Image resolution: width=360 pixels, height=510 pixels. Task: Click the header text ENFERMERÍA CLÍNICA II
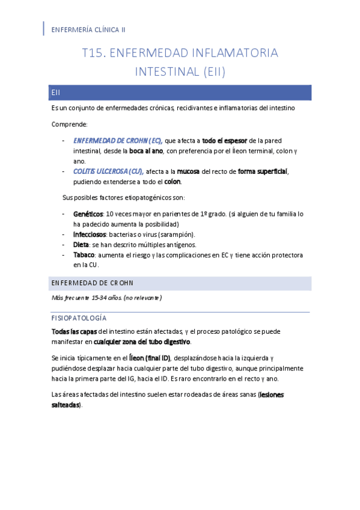point(88,29)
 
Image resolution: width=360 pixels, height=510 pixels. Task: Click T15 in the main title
point(94,53)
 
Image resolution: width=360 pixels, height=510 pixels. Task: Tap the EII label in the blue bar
point(56,93)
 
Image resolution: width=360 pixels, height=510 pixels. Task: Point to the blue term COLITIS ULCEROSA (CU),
point(108,171)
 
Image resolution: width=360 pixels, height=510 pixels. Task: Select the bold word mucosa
point(188,171)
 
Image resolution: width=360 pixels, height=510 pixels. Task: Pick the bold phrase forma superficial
point(263,171)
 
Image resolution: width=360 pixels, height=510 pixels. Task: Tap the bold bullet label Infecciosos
point(90,234)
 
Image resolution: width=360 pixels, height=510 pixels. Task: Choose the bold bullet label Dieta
point(81,245)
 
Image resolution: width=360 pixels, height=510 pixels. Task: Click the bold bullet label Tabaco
point(84,255)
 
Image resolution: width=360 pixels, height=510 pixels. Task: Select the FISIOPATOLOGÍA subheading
point(79,318)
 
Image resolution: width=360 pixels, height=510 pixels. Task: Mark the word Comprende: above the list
point(70,124)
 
